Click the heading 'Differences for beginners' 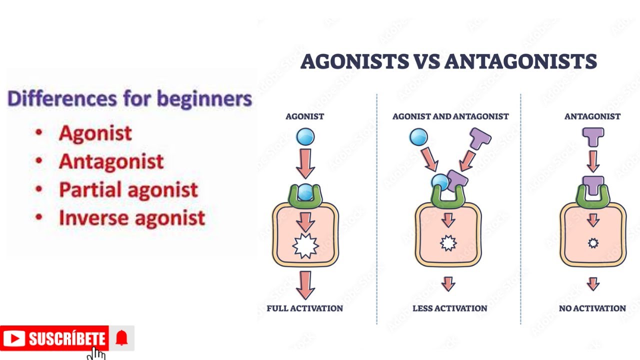tap(129, 98)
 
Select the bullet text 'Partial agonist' tap(128, 190)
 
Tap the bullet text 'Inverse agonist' tap(132, 218)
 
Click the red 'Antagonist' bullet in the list tap(111, 161)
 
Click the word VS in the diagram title tap(426, 61)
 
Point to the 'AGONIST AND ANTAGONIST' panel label tap(450, 116)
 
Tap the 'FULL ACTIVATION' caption tap(304, 308)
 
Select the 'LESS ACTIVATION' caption tap(449, 308)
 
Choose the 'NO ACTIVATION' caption tap(592, 308)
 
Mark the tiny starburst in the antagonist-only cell tap(593, 243)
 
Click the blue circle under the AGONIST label tap(305, 136)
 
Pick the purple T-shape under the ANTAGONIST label tap(593, 136)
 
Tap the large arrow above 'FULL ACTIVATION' tap(305, 284)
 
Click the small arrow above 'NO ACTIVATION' tap(593, 284)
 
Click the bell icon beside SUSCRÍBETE tap(121, 338)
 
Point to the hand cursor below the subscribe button tap(97, 353)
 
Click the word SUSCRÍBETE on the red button tap(66, 339)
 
